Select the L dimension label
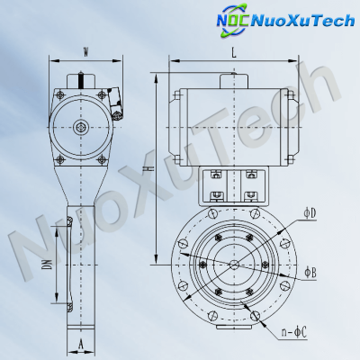pyautogui.click(x=233, y=54)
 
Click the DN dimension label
pyautogui.click(x=47, y=265)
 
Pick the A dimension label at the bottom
pyautogui.click(x=81, y=343)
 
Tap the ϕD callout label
pyautogui.click(x=309, y=212)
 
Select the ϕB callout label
pyautogui.click(x=309, y=270)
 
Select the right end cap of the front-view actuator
pyautogui.click(x=291, y=126)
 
